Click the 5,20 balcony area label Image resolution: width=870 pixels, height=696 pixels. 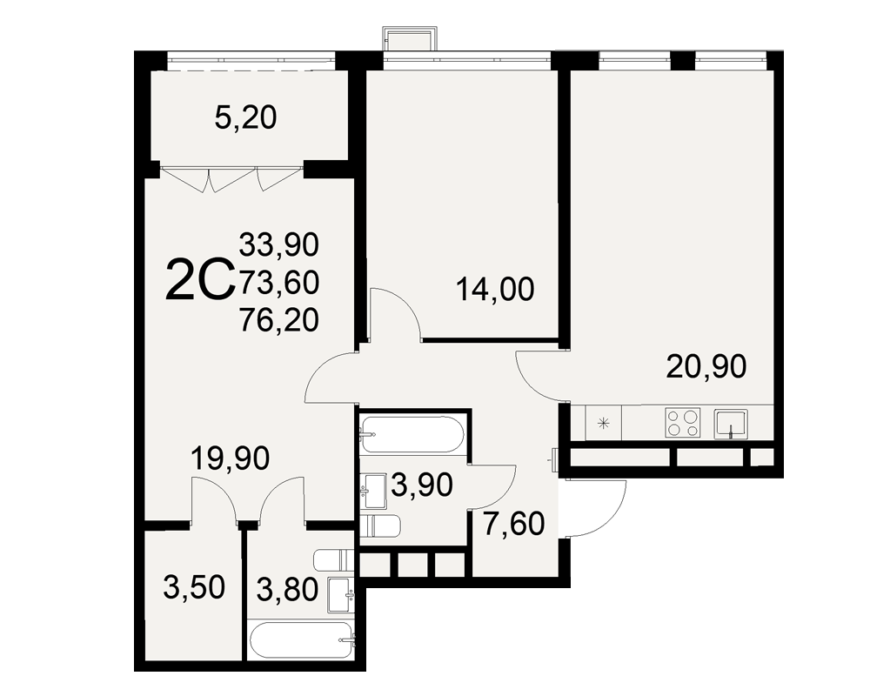pyautogui.click(x=245, y=117)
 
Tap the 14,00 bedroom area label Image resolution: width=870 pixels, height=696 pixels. pyautogui.click(x=495, y=289)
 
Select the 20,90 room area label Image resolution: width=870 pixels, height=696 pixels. pyautogui.click(x=706, y=367)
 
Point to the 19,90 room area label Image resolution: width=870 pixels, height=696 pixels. pyautogui.click(x=230, y=458)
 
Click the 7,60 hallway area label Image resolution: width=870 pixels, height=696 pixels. pyautogui.click(x=514, y=525)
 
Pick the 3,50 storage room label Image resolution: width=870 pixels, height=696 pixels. pyautogui.click(x=194, y=588)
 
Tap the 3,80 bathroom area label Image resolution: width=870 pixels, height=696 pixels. pyautogui.click(x=287, y=590)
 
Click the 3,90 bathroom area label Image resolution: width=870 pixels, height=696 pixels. pyautogui.click(x=422, y=485)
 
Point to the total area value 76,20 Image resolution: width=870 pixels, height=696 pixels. pyautogui.click(x=279, y=320)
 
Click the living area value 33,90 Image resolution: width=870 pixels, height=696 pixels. pyautogui.click(x=279, y=244)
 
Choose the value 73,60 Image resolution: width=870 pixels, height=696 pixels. pyautogui.click(x=279, y=283)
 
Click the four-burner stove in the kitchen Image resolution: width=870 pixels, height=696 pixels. pyautogui.click(x=682, y=423)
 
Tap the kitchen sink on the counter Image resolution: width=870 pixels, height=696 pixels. pyautogui.click(x=731, y=424)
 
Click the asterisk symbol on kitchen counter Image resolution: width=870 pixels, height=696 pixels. pyautogui.click(x=603, y=424)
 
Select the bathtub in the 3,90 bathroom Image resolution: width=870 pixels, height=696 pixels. pyautogui.click(x=412, y=436)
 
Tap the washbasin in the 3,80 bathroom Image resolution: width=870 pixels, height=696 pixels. pyautogui.click(x=341, y=594)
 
